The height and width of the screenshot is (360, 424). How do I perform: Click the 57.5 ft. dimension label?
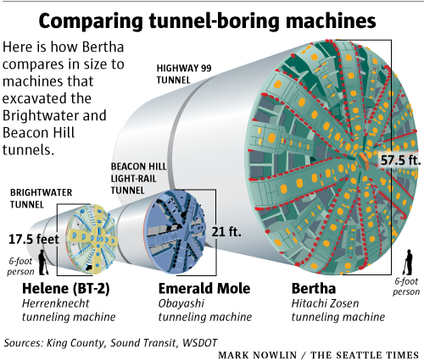400,160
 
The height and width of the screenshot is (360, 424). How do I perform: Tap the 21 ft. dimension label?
226,232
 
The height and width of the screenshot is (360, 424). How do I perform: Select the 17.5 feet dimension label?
34,239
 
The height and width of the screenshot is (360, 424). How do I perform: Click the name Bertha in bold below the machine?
314,288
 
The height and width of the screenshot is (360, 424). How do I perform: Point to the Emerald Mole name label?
204,288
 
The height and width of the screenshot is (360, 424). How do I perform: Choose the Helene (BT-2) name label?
65,289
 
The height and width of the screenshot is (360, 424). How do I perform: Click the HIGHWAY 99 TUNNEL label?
184,74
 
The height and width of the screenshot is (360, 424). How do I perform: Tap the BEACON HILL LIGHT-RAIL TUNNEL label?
138,179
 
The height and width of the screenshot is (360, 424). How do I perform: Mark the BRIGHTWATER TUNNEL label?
41,198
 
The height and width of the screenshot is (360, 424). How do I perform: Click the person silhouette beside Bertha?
408,263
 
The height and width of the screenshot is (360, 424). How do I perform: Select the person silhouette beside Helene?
43,263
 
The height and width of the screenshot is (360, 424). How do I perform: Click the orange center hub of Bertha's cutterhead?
364,161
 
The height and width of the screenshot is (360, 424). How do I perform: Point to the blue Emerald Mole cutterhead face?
175,232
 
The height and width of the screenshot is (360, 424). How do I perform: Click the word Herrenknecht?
55,303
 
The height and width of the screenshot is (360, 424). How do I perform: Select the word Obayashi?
181,304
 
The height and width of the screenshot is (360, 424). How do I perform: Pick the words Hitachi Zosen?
325,303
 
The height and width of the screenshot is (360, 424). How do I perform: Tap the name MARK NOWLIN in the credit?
258,355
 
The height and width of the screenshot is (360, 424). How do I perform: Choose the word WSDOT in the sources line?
199,343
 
